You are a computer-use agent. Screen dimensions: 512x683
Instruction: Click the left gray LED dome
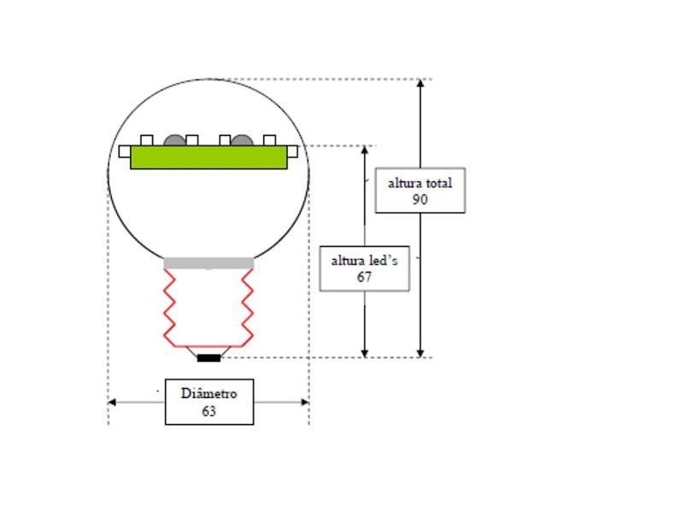click(174, 139)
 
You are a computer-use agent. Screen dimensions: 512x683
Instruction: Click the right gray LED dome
click(242, 139)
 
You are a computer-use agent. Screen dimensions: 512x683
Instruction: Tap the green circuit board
click(209, 157)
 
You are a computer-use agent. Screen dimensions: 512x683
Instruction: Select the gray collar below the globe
click(209, 263)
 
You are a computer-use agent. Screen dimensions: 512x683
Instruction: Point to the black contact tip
click(209, 357)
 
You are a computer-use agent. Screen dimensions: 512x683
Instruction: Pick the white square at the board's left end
click(125, 152)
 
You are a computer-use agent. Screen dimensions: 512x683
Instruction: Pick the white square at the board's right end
click(292, 152)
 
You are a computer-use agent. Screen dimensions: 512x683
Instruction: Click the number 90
click(419, 200)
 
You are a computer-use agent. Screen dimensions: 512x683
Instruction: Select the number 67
click(364, 277)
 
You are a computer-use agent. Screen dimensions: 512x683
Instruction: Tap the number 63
click(209, 411)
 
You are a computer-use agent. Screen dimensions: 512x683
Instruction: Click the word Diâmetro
click(209, 393)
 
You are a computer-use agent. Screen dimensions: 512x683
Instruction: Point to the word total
click(437, 183)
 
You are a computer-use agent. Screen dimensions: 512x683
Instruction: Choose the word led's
click(381, 260)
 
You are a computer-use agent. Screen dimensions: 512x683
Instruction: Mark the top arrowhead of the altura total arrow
click(420, 84)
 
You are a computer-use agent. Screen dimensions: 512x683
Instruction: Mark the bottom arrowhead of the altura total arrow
click(420, 352)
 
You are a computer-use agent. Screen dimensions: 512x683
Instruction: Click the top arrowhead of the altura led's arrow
click(365, 150)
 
